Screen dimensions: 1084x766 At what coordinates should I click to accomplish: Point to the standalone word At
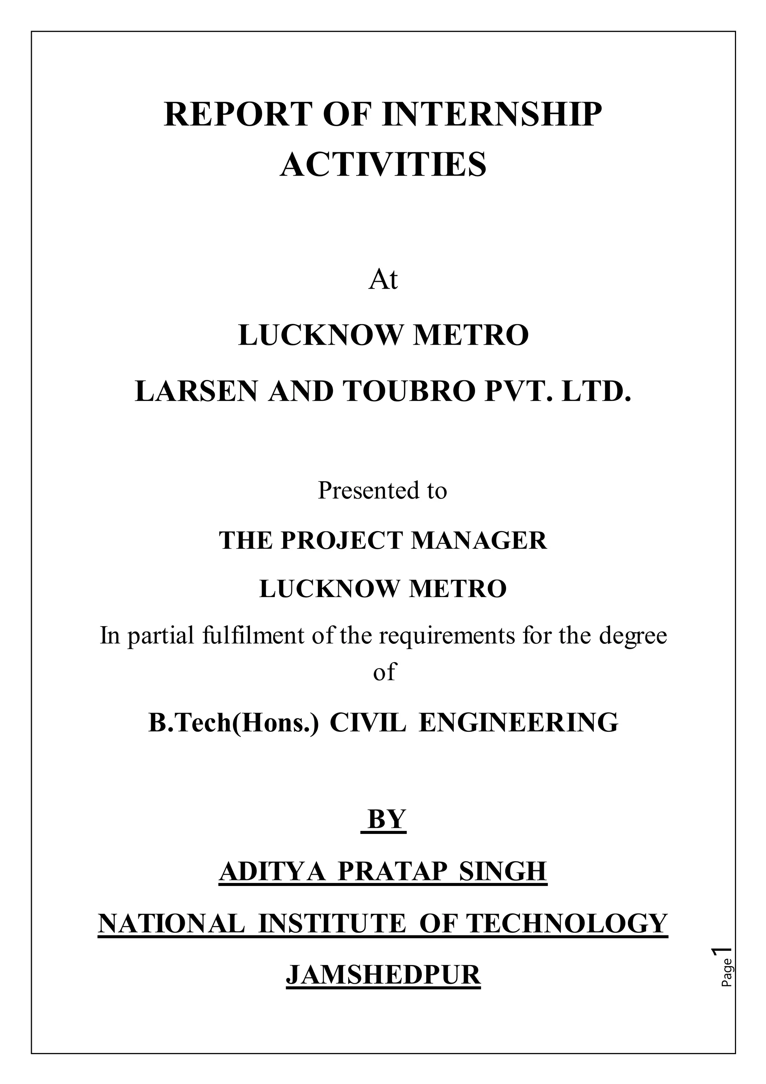[383, 280]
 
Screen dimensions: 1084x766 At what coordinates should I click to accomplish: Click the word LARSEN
[197, 392]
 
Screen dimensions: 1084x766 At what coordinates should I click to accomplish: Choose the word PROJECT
[343, 540]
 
